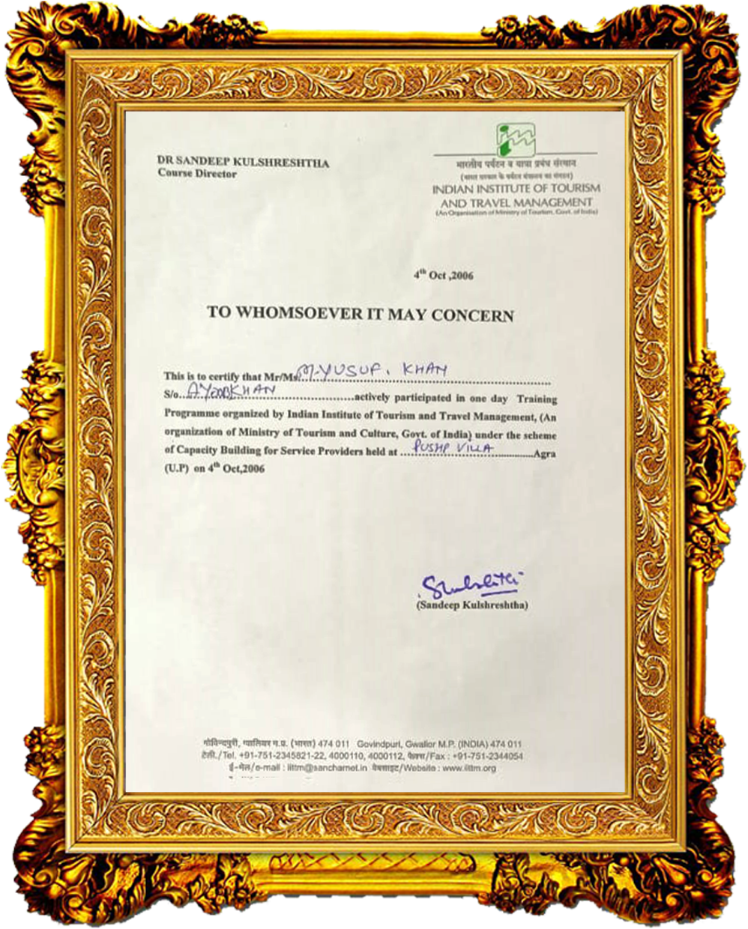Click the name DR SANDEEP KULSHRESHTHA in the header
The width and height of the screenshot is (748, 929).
point(243,161)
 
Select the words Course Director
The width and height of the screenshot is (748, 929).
point(196,173)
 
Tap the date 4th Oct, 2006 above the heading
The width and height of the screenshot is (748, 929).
point(444,275)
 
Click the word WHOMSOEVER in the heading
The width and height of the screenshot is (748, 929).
point(298,313)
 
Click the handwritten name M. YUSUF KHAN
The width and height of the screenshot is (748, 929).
point(373,369)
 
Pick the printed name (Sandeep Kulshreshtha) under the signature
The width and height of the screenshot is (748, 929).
point(471,605)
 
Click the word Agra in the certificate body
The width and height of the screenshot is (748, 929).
point(544,454)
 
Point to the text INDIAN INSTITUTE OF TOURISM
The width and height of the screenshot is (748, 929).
point(516,189)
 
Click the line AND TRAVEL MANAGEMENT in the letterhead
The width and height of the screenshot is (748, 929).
point(516,202)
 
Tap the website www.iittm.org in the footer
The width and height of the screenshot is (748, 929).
point(469,768)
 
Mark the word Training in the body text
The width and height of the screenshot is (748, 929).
point(537,399)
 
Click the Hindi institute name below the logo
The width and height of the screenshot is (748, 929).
point(516,163)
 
